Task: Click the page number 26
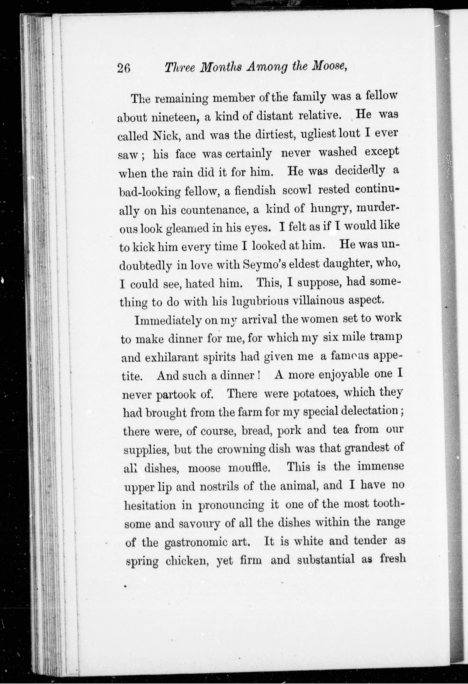[124, 68]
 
